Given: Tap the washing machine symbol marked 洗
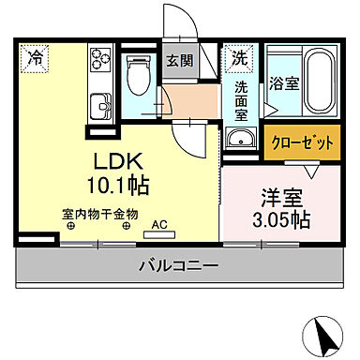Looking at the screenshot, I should (x=239, y=56).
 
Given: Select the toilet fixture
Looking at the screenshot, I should (x=138, y=73).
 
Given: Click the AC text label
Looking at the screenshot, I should (x=158, y=225).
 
